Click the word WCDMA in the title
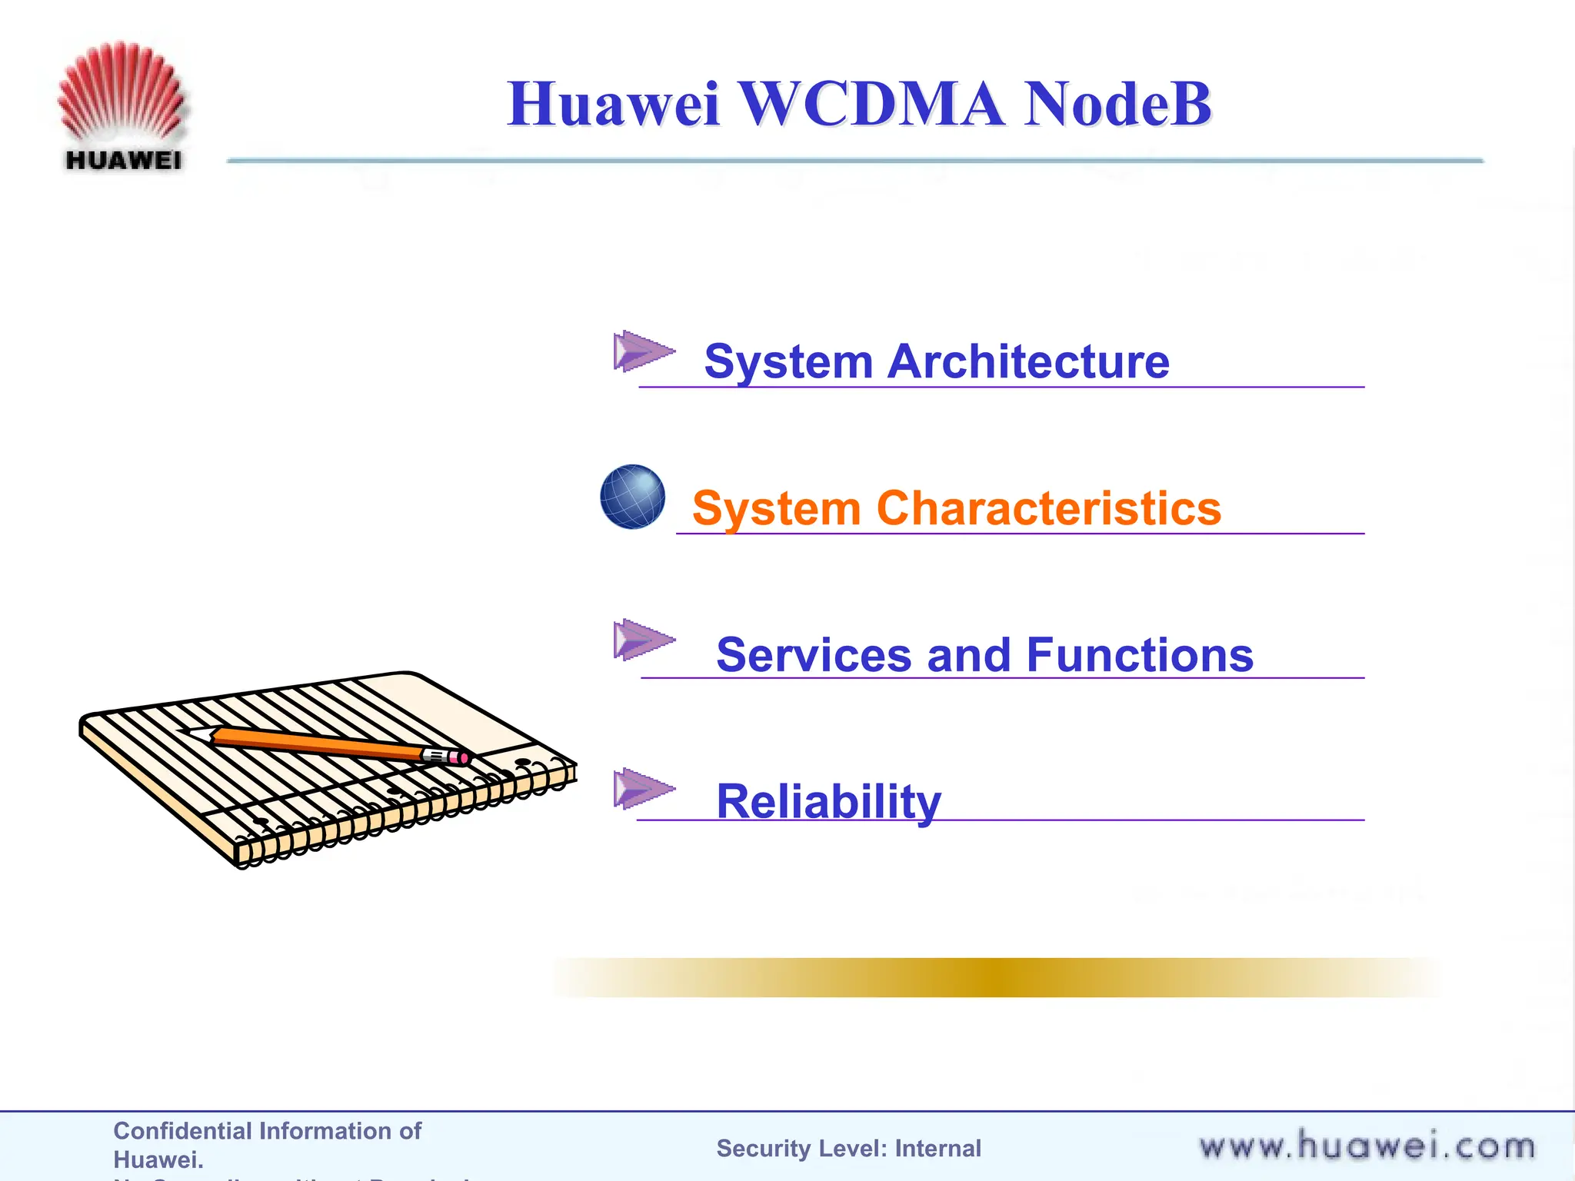(x=871, y=105)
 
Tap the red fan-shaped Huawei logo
(x=122, y=91)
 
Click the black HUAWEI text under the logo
(x=124, y=161)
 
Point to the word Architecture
(x=1028, y=361)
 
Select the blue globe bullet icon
(x=632, y=497)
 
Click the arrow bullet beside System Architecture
(x=642, y=351)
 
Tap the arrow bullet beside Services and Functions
(x=642, y=640)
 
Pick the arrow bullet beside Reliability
(x=642, y=788)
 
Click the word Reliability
(x=828, y=801)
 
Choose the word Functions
(x=1140, y=655)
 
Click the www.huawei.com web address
(x=1367, y=1146)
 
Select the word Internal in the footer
(x=937, y=1148)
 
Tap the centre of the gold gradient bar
(x=996, y=977)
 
